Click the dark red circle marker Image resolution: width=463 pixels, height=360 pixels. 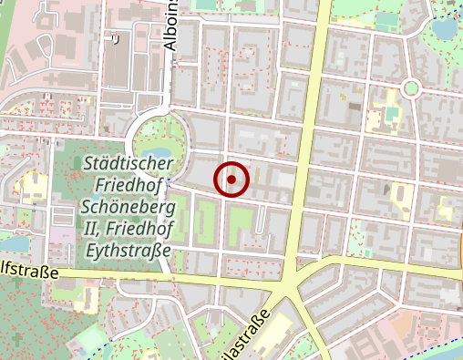coord(231,180)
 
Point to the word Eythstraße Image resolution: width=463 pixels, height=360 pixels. coord(134,250)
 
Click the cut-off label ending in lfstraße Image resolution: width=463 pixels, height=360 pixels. coord(29,271)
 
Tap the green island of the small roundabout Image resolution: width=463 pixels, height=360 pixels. coord(410,88)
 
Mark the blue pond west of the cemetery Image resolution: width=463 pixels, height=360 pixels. coord(15,243)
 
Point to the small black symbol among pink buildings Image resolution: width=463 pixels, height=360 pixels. coord(115,38)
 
